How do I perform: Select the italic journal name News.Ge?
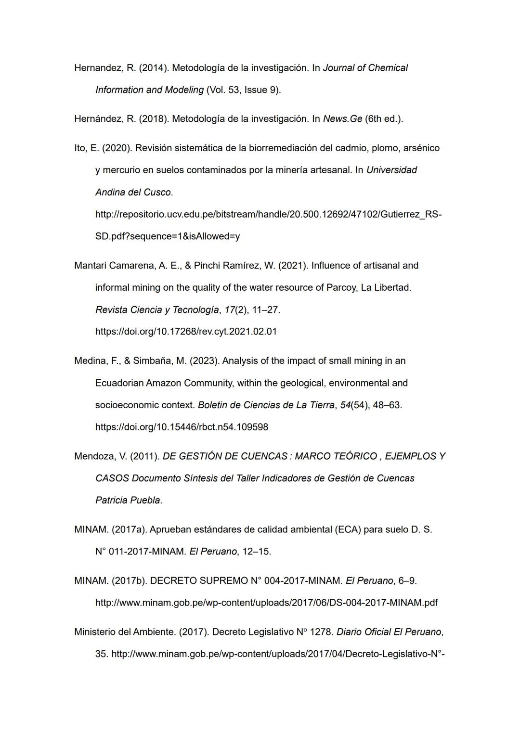pos(342,119)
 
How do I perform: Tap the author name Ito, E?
pos(87,148)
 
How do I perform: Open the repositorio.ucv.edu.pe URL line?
pos(268,214)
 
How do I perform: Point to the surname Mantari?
pos(91,266)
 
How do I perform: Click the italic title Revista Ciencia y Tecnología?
pos(157,310)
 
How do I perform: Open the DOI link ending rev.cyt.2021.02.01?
pos(186,332)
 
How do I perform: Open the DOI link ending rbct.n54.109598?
pos(182,427)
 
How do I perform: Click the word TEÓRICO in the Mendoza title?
pos(354,456)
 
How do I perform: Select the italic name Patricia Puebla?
pos(128,501)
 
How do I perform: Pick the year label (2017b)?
pos(129,581)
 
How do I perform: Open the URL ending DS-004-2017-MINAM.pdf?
pos(266,603)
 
